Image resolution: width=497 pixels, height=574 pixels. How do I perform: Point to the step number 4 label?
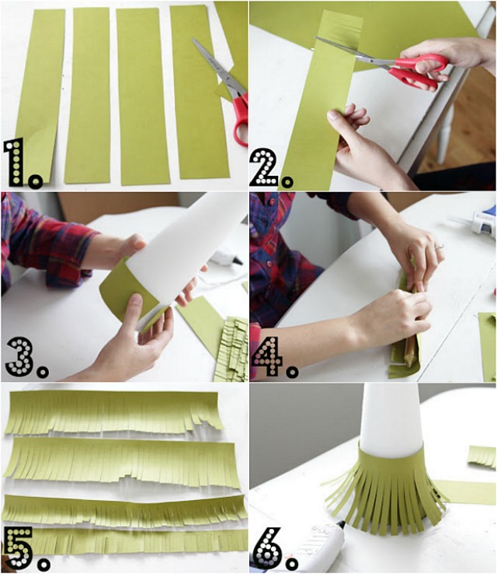click(x=274, y=357)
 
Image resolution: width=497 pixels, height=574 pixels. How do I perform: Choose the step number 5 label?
click(x=26, y=549)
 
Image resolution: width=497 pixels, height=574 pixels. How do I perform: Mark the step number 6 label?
click(x=274, y=550)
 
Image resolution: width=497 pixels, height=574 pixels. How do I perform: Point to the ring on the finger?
click(x=440, y=247)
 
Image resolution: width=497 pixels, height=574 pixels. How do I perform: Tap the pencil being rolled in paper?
click(x=410, y=344)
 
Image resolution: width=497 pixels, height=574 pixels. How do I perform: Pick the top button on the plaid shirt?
click(x=272, y=201)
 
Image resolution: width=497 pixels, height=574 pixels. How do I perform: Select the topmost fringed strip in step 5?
click(x=113, y=411)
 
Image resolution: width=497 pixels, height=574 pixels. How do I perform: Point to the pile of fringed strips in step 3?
click(x=231, y=349)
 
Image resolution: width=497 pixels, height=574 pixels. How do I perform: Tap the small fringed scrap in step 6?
click(x=482, y=457)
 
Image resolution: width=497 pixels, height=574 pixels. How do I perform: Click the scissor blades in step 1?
click(x=218, y=68)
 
